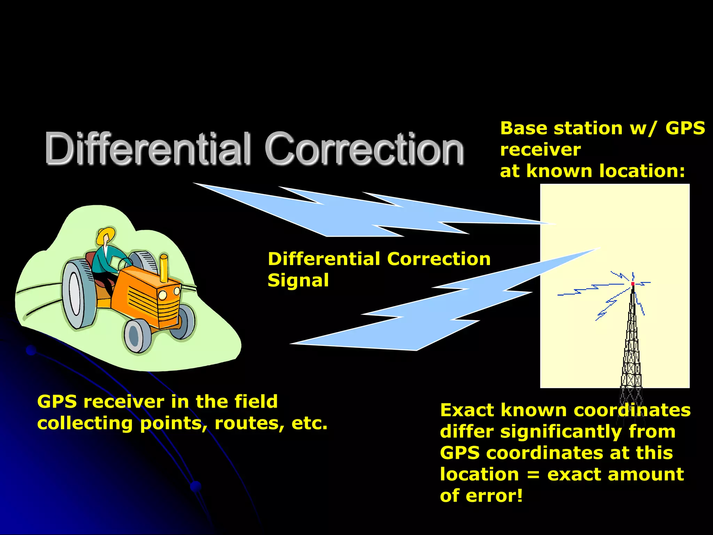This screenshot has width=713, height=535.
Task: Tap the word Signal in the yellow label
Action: coord(298,281)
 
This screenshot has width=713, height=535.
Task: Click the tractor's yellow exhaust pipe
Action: coord(164,268)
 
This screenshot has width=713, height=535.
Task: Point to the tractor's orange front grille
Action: coord(169,307)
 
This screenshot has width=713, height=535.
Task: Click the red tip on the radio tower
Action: coord(633,284)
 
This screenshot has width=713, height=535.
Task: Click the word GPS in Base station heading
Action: coord(685,129)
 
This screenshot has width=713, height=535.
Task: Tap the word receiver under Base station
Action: coord(540,150)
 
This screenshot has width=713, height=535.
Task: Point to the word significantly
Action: coord(561,432)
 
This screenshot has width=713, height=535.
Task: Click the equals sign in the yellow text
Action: coord(533,475)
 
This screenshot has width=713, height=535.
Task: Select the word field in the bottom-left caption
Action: coord(256,402)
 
